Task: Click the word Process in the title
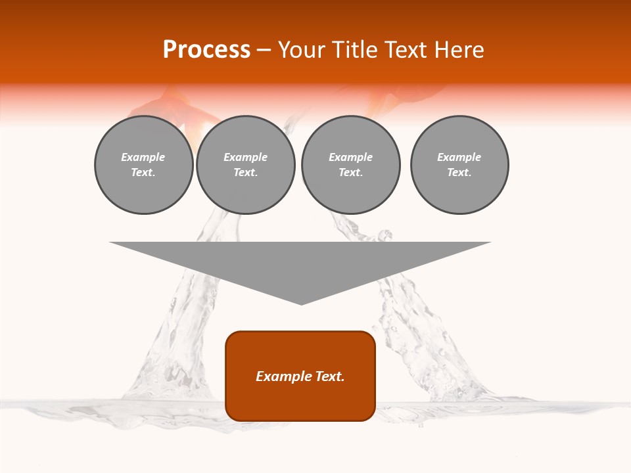(206, 50)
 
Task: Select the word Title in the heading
(356, 50)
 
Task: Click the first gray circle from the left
(144, 165)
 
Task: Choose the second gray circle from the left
(246, 165)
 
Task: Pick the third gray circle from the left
(350, 165)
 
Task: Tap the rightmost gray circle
(459, 165)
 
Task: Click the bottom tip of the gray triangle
(301, 304)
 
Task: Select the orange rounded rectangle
(300, 376)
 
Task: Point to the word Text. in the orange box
(331, 376)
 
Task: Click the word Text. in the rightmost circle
(459, 173)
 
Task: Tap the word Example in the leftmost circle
(143, 158)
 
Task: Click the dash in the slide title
(264, 50)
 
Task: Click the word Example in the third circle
(350, 158)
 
